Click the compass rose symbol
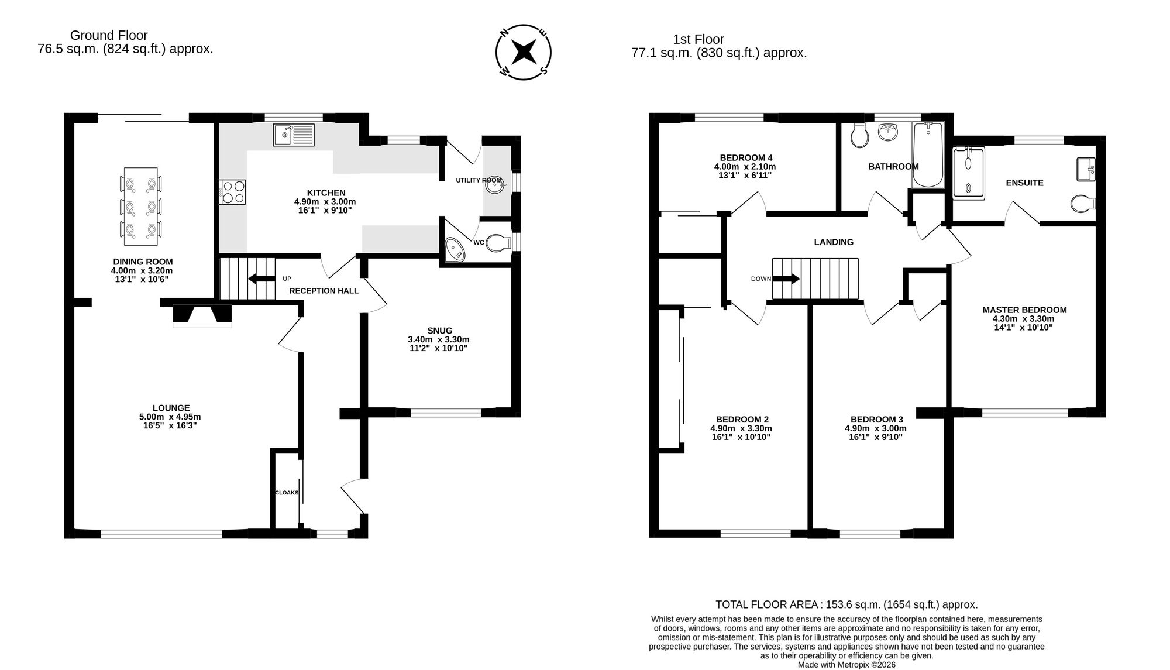524,52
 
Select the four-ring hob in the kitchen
232,191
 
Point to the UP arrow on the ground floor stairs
261,279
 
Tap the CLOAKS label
287,493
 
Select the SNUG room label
439,331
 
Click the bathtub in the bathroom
928,154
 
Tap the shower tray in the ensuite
969,171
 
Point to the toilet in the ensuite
1083,204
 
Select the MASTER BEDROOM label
1024,310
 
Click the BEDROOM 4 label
746,157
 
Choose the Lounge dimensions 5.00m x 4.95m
170,417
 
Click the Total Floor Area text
846,604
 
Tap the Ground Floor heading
109,35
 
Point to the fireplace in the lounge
202,315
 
